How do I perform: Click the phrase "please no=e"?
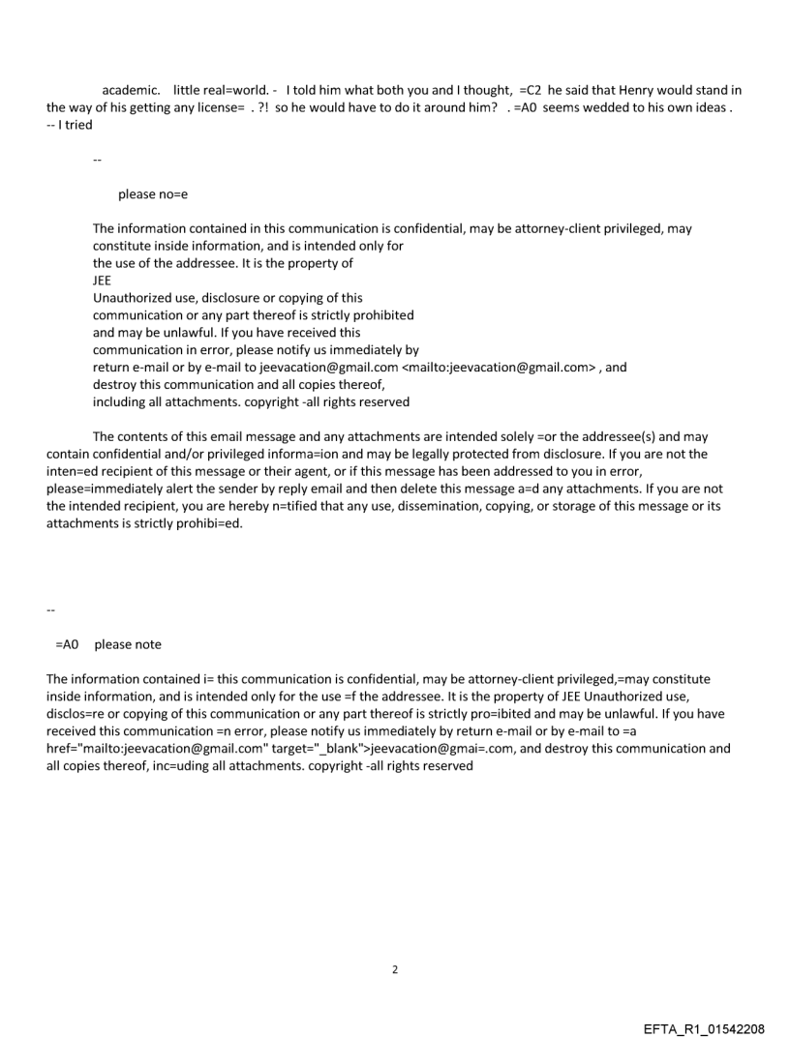[x=153, y=194]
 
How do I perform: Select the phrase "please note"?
[x=128, y=644]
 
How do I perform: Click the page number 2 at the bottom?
[x=394, y=942]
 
